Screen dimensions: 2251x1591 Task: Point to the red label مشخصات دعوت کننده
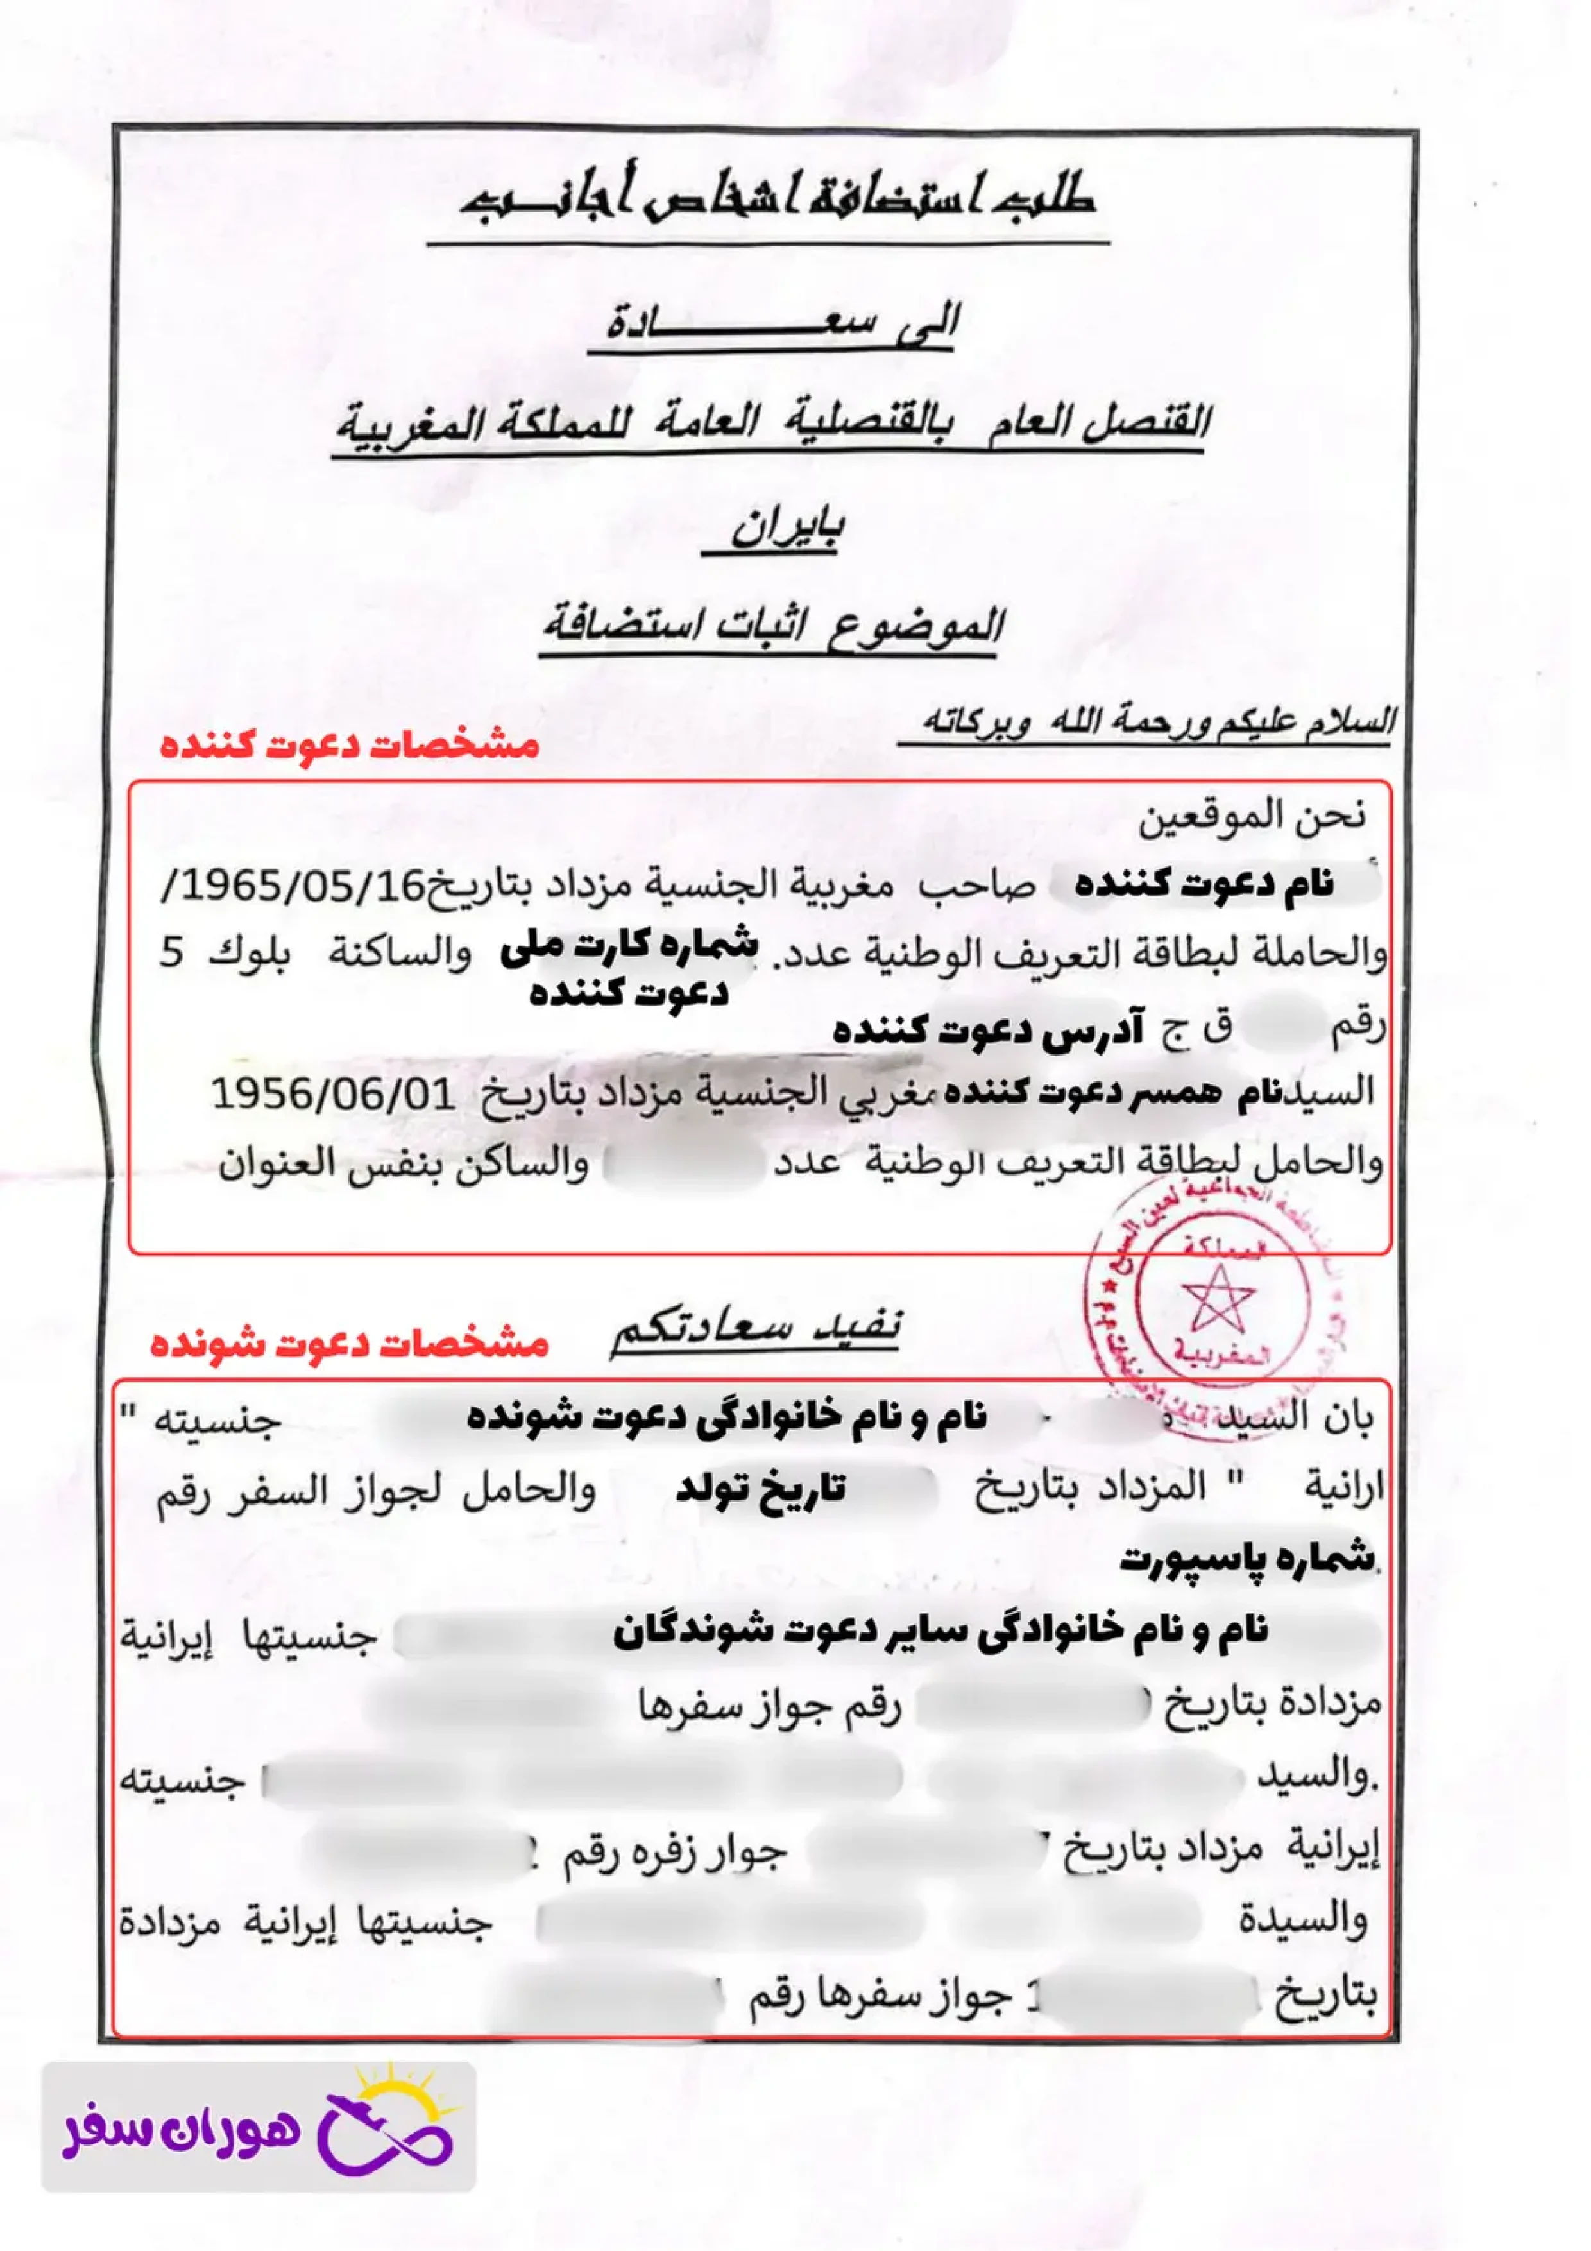pos(350,745)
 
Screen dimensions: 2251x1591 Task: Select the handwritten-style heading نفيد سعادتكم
pos(755,1330)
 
